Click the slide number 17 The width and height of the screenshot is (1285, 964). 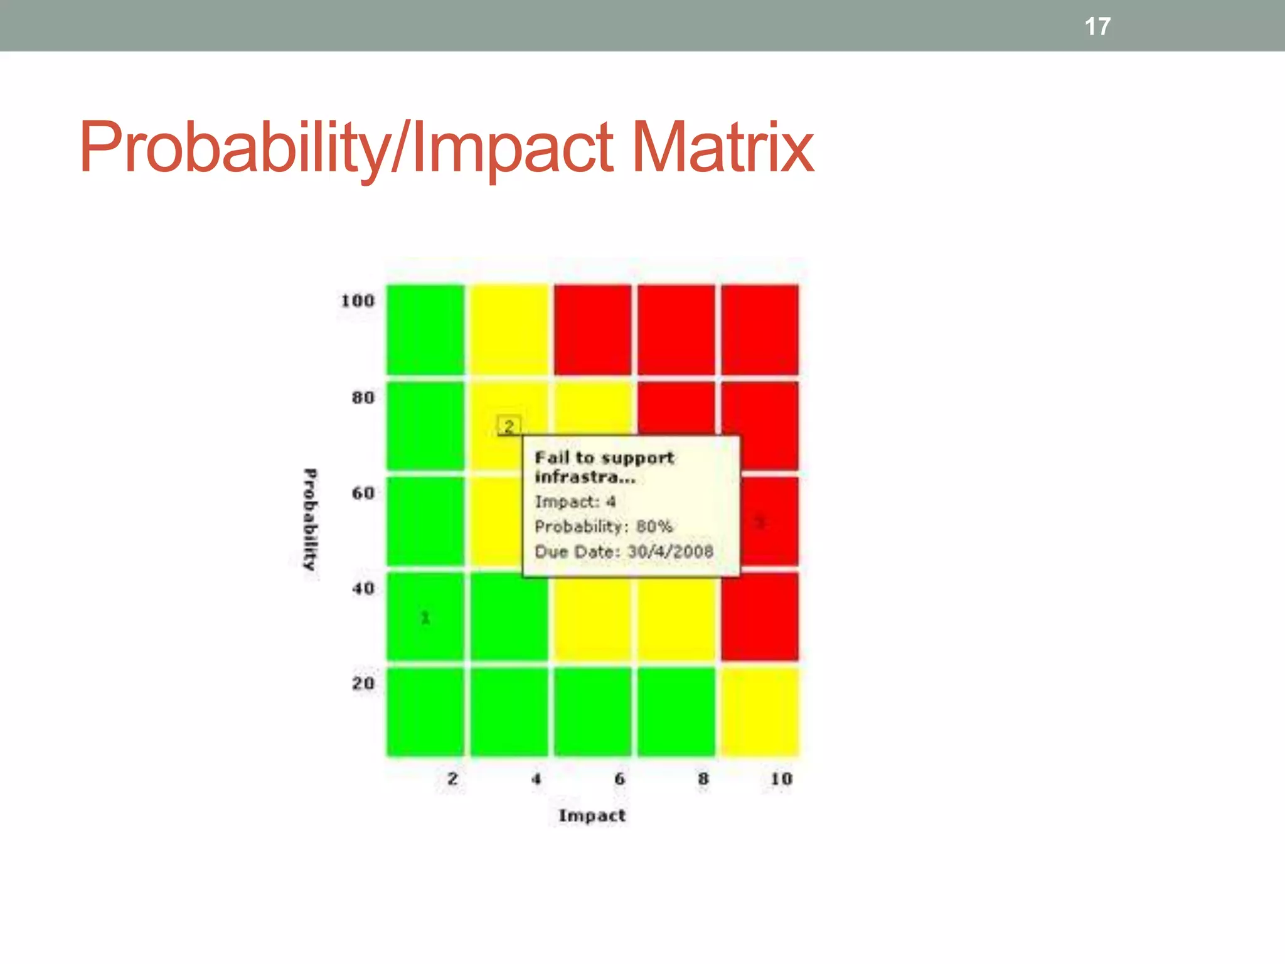coord(1097,26)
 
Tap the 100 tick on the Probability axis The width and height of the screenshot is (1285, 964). coord(358,301)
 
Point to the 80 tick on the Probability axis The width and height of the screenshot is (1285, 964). coord(363,397)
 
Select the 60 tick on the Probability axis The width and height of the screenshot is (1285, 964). coord(363,493)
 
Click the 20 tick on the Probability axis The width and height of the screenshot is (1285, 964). coord(363,683)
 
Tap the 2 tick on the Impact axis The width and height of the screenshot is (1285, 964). coord(452,779)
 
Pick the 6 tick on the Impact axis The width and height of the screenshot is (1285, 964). coord(619,779)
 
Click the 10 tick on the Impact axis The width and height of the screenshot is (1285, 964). coord(781,779)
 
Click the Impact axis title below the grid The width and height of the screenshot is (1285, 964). coord(592,815)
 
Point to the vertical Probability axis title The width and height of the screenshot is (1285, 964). coord(310,520)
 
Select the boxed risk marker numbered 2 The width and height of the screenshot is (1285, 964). coord(509,426)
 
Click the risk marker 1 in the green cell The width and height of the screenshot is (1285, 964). coord(425,618)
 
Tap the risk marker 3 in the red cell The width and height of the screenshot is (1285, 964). coord(760,522)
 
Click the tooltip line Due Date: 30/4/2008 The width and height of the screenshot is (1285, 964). coord(624,552)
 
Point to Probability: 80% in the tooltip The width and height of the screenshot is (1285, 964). coord(603,527)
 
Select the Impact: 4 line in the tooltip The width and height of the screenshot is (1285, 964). coord(575,501)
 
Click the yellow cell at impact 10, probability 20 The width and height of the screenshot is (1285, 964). coord(760,712)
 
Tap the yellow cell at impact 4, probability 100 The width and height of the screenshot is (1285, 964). coord(509,329)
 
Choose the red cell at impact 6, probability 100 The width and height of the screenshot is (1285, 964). coord(592,329)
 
